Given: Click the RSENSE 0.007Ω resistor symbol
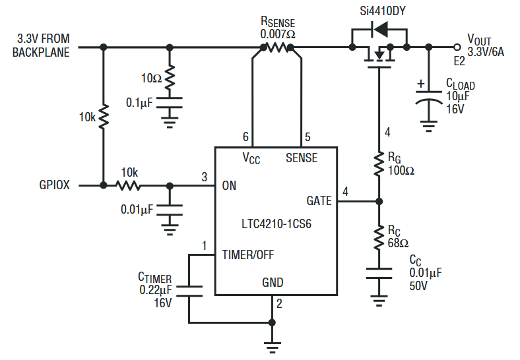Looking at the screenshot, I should pos(277,47).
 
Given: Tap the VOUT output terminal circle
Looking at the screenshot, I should pos(457,47).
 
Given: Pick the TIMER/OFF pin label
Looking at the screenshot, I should pos(247,254).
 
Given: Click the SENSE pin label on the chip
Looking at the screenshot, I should pos(301,158).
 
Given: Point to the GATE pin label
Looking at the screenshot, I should pos(320,200).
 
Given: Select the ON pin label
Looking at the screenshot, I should pos(229,185).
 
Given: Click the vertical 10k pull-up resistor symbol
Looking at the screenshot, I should pos(103,117).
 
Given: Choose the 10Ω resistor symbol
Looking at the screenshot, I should pos(170,78).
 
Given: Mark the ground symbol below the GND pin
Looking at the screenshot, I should pos(271,344).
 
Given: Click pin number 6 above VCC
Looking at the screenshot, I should pos(245,137).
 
